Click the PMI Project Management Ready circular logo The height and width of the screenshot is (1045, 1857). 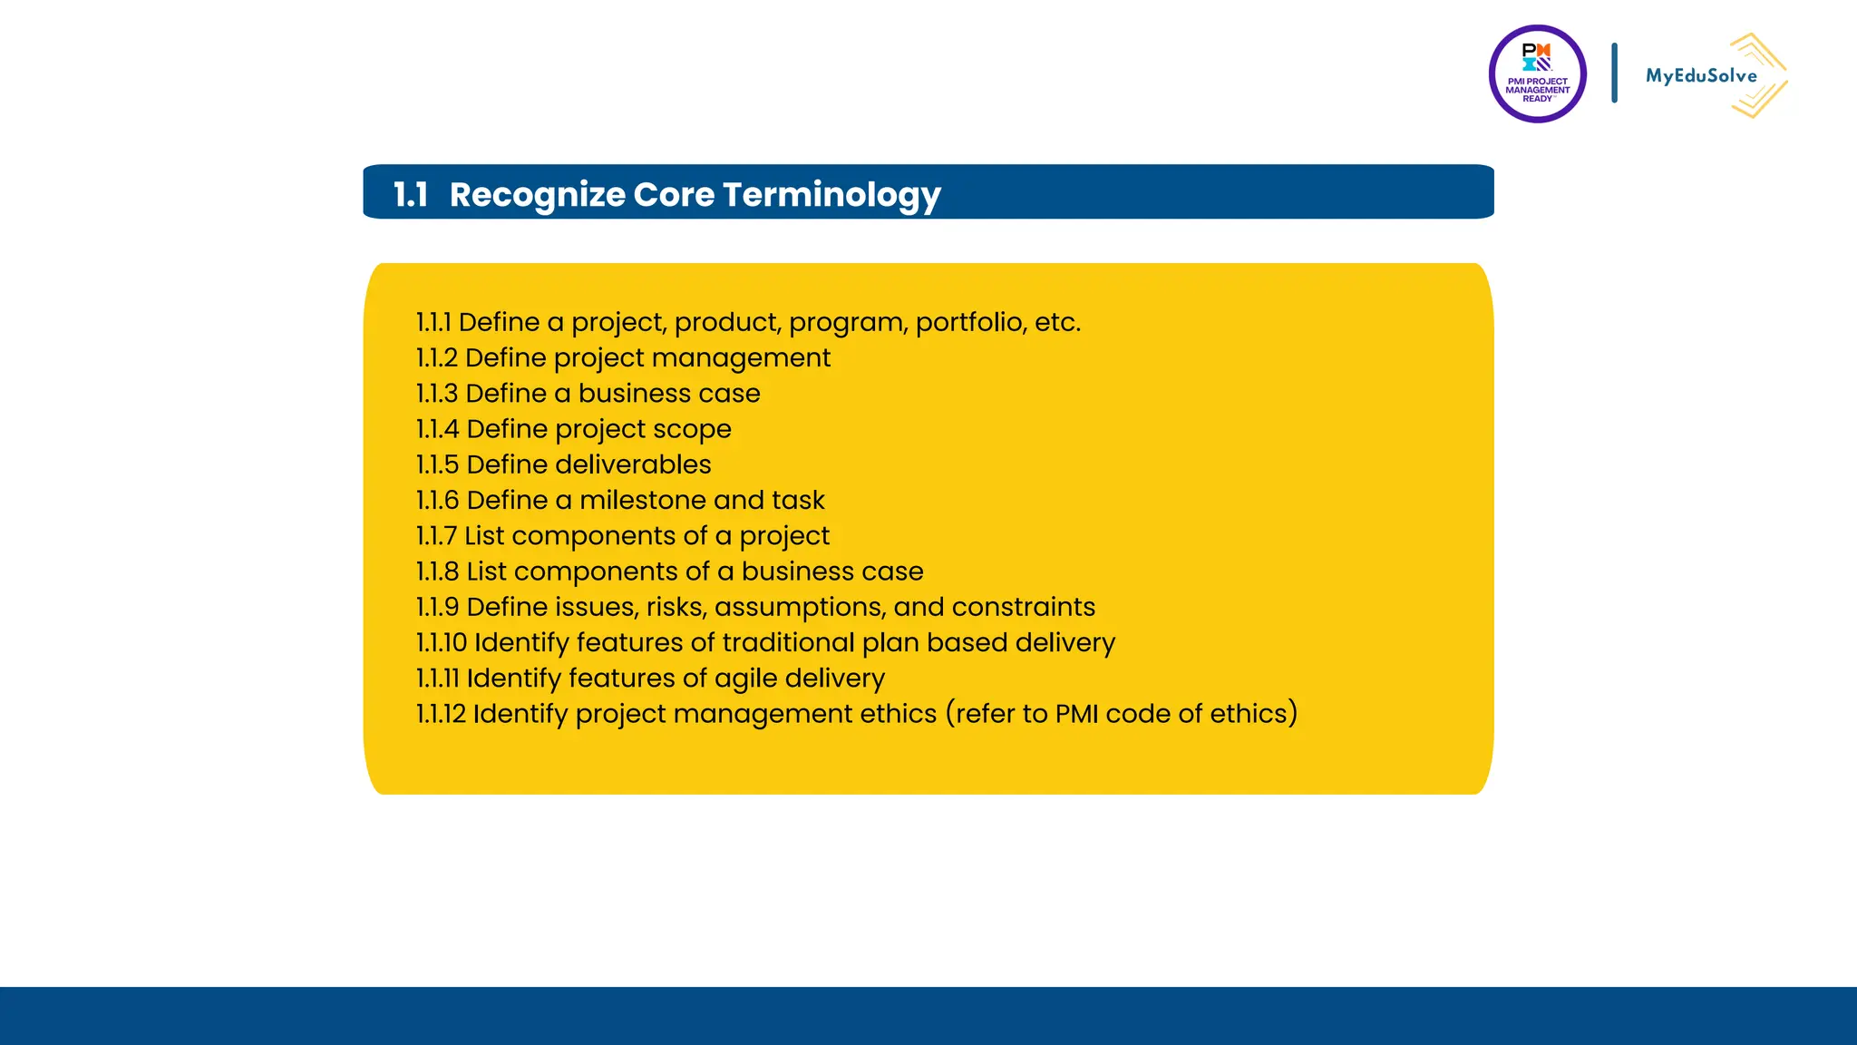tap(1537, 74)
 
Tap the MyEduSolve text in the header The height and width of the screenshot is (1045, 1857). tap(1700, 76)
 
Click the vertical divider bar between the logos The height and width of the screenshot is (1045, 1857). tap(1614, 73)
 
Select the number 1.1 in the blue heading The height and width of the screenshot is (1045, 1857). tap(410, 194)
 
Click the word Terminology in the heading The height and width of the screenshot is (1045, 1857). tap(831, 194)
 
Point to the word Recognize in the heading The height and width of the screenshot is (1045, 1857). tap(537, 194)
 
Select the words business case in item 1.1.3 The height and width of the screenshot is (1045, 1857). tap(669, 394)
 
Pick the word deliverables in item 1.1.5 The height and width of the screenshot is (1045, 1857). tap(633, 464)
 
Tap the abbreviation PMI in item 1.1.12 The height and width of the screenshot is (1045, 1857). tap(1076, 714)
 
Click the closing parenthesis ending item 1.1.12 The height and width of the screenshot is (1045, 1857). tap(1292, 714)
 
